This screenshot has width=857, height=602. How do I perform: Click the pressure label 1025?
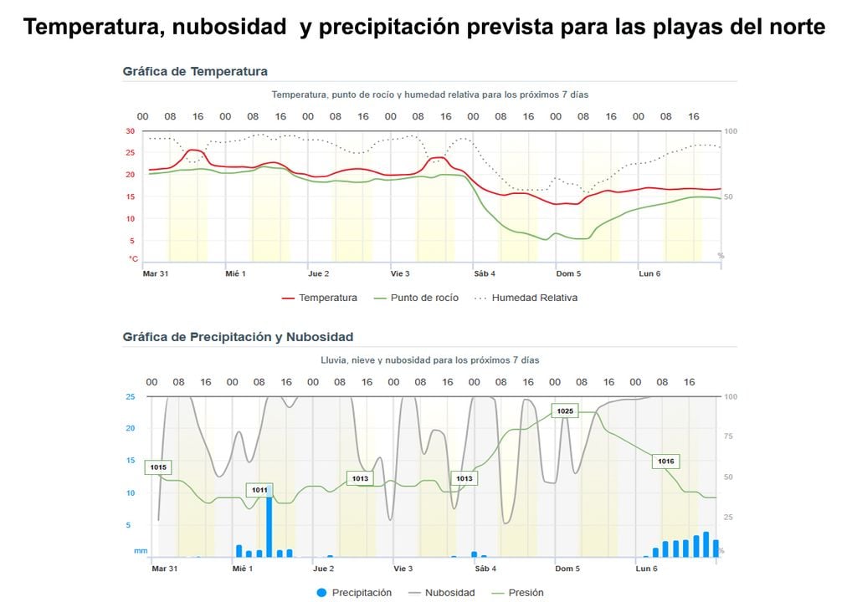[565, 411]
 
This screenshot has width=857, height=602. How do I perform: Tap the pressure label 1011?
[259, 490]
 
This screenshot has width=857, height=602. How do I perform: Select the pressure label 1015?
[158, 467]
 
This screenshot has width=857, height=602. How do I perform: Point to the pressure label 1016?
[665, 461]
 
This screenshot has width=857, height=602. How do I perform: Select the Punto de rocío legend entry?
[415, 298]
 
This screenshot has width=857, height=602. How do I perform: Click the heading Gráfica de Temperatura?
[195, 71]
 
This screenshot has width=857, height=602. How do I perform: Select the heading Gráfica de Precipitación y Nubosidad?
[238, 337]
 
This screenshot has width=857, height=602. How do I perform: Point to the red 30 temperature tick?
[131, 131]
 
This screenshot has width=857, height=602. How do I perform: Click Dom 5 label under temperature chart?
[568, 273]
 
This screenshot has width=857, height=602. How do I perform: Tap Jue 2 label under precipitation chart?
[323, 569]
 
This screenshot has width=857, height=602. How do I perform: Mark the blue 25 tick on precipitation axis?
[130, 396]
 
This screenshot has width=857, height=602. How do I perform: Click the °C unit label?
[132, 259]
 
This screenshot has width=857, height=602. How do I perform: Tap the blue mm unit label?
[140, 551]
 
